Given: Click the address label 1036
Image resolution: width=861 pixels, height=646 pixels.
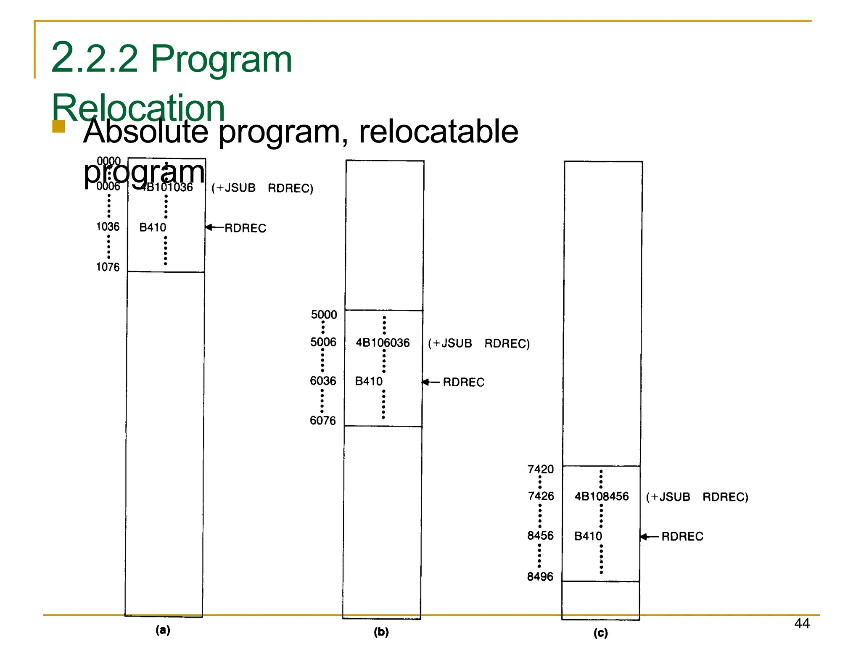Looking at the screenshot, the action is (108, 227).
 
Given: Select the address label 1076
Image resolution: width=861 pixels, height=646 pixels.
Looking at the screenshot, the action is (108, 267).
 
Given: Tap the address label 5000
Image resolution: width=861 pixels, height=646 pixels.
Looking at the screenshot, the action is (324, 315).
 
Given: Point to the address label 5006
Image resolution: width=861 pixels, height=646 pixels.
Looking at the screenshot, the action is (323, 342).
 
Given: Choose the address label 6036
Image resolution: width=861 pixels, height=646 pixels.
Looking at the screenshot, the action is (323, 381).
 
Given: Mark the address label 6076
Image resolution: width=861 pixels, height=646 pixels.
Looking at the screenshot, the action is (323, 421).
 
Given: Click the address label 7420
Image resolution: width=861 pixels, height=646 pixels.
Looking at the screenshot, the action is (541, 469).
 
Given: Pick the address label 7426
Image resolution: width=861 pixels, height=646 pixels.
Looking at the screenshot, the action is (541, 496).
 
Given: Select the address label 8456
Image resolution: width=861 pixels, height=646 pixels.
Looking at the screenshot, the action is (540, 536).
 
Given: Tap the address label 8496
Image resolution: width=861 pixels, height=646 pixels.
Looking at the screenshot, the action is (540, 577).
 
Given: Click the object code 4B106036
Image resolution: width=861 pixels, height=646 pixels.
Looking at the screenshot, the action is (383, 343).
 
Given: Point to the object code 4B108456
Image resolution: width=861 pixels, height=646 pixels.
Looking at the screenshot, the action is (602, 497).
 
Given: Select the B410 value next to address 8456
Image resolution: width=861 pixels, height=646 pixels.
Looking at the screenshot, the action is (588, 536).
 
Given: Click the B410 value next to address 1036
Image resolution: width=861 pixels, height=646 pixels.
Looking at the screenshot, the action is (153, 227).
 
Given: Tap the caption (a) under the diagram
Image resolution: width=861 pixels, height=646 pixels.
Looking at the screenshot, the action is (163, 630).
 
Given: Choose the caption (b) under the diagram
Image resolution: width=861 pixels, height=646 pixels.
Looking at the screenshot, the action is (381, 632).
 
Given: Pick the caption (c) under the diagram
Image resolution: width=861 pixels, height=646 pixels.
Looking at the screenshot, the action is (600, 633).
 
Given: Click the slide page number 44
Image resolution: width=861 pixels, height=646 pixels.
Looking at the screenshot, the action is (802, 623).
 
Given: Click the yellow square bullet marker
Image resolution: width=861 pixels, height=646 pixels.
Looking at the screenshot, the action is (58, 127).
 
